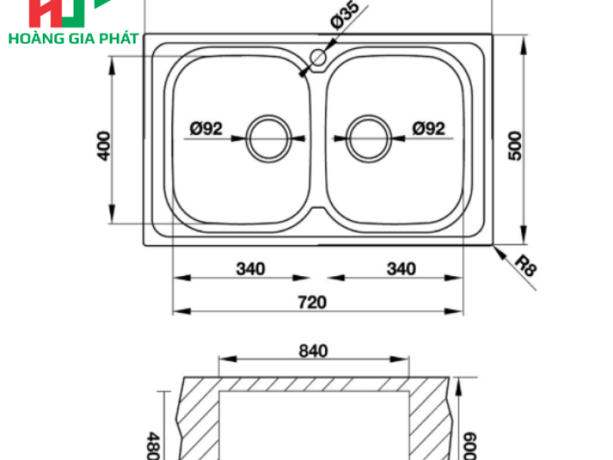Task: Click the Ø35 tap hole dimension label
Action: pos(345,15)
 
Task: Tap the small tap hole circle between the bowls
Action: pos(318,58)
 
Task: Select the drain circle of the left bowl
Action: pos(269,139)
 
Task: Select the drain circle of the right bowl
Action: pos(369,139)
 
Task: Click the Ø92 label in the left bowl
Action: pos(206,128)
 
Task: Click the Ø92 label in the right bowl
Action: pos(429,128)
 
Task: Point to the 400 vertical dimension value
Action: pos(103,146)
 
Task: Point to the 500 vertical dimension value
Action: pos(515,146)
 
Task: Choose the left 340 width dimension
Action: pos(251,269)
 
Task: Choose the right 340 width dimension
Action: pos(402,269)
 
